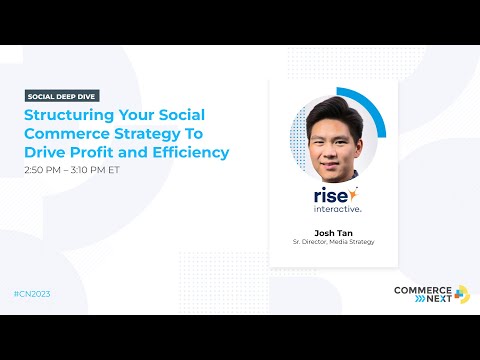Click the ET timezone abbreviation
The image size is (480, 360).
click(126, 170)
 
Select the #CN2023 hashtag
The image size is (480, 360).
click(33, 294)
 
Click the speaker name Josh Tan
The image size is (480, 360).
click(333, 232)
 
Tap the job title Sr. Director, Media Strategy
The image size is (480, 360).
click(333, 242)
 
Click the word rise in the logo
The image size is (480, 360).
click(325, 195)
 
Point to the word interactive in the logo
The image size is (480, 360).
click(333, 210)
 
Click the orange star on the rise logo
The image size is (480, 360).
click(353, 190)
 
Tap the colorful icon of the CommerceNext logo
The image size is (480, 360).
click(461, 293)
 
